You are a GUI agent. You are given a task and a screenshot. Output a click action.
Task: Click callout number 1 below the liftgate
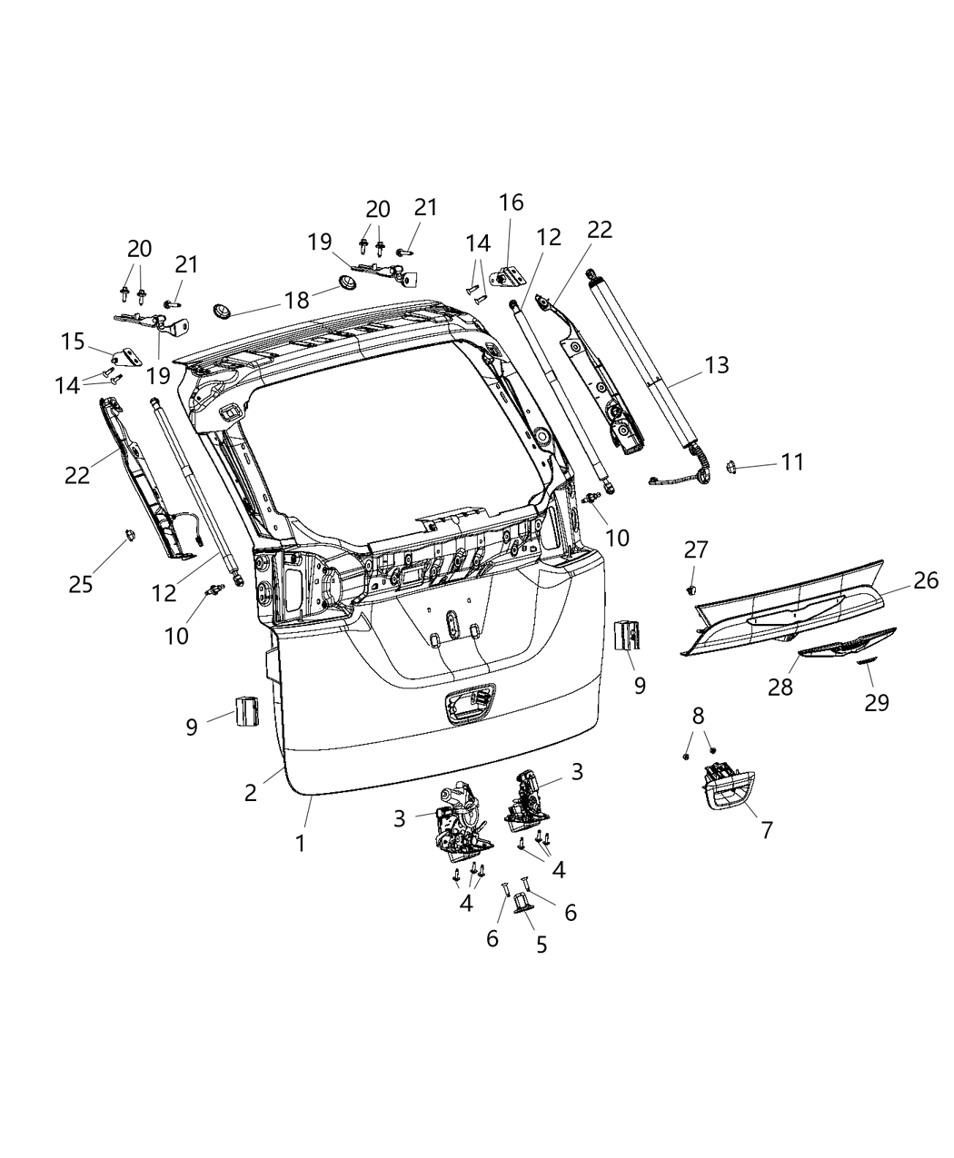click(x=300, y=843)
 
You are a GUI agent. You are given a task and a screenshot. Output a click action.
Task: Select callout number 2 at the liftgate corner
click(x=250, y=791)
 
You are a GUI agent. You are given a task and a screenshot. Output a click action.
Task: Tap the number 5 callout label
click(x=542, y=945)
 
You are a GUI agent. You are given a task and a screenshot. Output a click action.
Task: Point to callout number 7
click(x=767, y=829)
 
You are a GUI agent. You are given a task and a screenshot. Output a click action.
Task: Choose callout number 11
click(x=792, y=462)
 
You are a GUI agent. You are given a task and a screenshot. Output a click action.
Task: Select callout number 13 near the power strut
click(x=716, y=365)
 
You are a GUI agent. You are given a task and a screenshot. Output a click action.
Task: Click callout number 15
click(x=73, y=342)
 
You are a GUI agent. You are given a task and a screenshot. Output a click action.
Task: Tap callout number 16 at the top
click(x=511, y=203)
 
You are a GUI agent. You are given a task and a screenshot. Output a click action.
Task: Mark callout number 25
click(x=81, y=583)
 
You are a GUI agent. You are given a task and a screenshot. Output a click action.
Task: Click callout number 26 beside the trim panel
click(x=925, y=580)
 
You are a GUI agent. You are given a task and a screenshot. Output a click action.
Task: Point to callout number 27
click(x=695, y=549)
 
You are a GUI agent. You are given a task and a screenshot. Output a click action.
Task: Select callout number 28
click(x=779, y=687)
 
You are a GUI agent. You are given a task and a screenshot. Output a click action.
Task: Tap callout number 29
click(x=876, y=702)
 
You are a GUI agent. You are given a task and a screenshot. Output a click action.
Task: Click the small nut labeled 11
click(x=730, y=467)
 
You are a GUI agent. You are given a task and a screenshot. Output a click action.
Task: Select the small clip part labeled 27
click(x=692, y=589)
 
